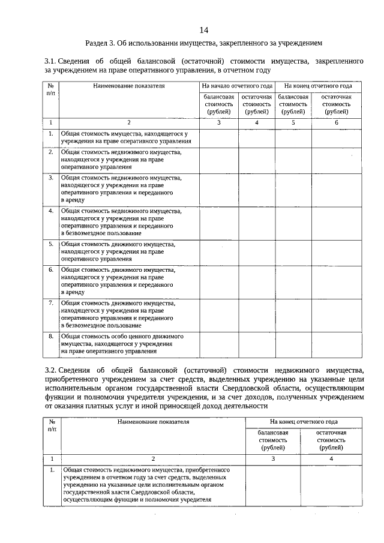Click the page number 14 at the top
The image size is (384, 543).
203,30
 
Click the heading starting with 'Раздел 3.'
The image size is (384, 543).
203,44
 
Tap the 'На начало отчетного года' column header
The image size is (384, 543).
237,86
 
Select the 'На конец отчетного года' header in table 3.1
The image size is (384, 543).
318,86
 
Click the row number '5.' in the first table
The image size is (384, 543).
51,244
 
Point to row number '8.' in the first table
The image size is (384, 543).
51,337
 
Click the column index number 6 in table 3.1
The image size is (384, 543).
337,123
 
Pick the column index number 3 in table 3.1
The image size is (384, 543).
218,123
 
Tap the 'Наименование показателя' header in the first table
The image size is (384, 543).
128,86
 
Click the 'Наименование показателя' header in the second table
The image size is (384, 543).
153,422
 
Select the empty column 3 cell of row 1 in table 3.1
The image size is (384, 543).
218,137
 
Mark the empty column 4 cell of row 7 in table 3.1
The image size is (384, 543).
256,314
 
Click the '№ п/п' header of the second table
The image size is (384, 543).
53,426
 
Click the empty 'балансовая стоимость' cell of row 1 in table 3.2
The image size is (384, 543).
273,484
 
